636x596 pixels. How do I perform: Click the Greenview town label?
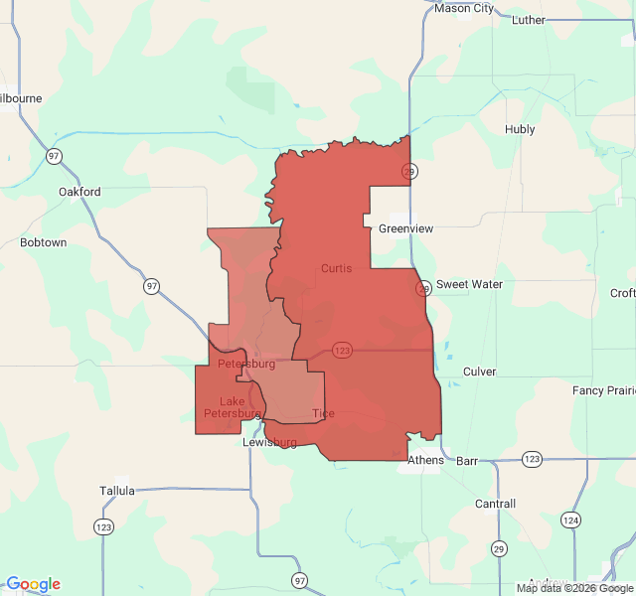405,228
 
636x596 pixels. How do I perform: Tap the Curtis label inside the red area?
336,268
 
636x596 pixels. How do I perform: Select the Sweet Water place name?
469,284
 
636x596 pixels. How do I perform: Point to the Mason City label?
464,9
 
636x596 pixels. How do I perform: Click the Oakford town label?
79,192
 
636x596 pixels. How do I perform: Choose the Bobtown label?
44,242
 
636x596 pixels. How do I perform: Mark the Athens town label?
426,461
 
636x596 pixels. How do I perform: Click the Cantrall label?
495,504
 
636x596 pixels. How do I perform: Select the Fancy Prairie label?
602,390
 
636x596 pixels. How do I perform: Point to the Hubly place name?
520,129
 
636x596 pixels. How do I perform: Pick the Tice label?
323,413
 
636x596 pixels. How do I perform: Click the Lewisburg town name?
270,442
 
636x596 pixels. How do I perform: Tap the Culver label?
479,372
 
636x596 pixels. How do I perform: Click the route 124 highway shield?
570,520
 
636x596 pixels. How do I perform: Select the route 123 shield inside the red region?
343,350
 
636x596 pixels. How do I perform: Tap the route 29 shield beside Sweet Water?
423,288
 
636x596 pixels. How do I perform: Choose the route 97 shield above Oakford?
53,156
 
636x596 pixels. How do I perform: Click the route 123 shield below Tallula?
103,525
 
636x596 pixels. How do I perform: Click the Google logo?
33,584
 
